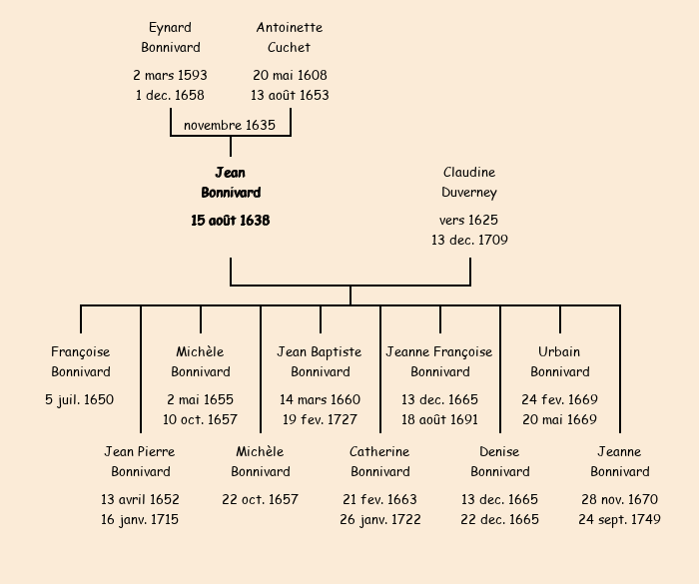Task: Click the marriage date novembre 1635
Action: click(230, 125)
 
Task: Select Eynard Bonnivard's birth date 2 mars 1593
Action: click(170, 75)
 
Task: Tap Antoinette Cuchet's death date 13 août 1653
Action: click(290, 95)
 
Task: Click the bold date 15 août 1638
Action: click(231, 220)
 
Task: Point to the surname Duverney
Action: click(469, 192)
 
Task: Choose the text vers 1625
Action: click(469, 220)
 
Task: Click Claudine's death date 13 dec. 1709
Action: click(469, 240)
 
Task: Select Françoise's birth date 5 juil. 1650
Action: click(80, 399)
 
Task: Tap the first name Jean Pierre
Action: click(140, 451)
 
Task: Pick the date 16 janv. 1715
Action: click(140, 519)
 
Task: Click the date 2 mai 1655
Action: click(200, 399)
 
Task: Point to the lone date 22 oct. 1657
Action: click(260, 499)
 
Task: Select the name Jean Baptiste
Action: click(320, 351)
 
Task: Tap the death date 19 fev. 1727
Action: click(320, 419)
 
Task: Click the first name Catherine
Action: click(379, 451)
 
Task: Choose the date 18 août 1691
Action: click(439, 419)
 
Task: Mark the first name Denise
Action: click(499, 451)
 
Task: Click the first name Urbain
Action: click(559, 351)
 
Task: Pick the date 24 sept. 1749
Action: click(619, 519)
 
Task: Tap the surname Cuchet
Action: click(290, 47)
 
